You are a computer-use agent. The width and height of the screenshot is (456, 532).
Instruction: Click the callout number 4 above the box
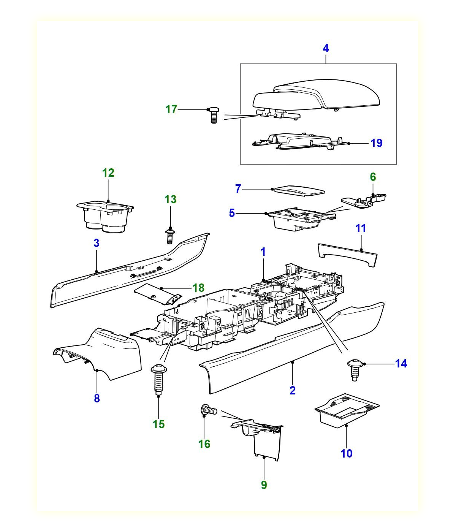[326, 49]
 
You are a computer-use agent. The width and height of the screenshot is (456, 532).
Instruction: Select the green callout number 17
[171, 109]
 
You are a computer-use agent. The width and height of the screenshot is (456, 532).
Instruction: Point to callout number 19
[376, 144]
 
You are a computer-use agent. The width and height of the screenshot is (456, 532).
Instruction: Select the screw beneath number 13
[170, 236]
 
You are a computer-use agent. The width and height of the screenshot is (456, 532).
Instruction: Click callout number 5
[232, 213]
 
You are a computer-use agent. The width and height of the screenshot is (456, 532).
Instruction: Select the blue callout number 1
[263, 252]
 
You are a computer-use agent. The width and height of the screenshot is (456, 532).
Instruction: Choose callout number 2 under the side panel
[292, 391]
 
